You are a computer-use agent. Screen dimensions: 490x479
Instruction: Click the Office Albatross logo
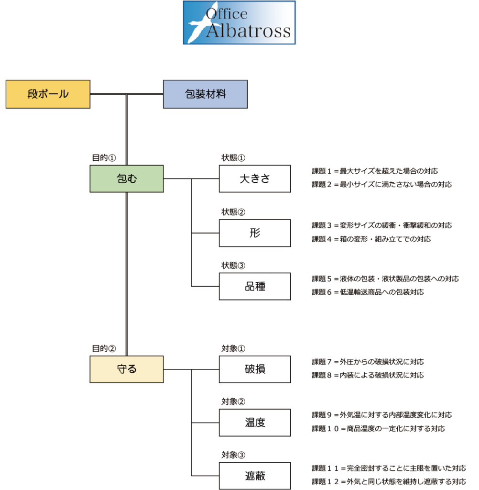(x=239, y=22)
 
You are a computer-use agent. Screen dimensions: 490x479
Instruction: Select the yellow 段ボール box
(x=48, y=94)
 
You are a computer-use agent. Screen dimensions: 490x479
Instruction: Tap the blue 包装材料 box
(x=205, y=94)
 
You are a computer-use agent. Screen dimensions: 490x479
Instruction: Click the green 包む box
(x=127, y=179)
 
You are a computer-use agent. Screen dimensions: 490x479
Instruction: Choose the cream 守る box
(x=127, y=369)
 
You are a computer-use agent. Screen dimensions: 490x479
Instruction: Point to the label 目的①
(x=104, y=157)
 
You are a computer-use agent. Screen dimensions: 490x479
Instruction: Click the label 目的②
(x=104, y=348)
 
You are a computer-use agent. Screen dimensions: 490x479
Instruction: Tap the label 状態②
(x=233, y=212)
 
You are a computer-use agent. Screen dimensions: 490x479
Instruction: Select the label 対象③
(x=233, y=455)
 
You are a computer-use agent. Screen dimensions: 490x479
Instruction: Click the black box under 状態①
(x=255, y=179)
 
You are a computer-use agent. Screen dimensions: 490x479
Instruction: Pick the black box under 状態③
(x=255, y=286)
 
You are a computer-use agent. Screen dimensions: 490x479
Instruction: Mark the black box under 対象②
(x=255, y=423)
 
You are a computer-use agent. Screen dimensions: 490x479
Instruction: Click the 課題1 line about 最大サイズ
(x=374, y=171)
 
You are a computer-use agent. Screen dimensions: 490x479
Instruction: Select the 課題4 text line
(x=371, y=239)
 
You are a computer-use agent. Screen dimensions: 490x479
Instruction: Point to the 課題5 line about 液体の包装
(x=385, y=278)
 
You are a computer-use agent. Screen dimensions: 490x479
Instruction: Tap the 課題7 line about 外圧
(x=368, y=362)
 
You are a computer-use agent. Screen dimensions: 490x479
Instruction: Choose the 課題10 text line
(x=378, y=428)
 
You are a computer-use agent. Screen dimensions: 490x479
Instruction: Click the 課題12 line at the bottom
(x=389, y=481)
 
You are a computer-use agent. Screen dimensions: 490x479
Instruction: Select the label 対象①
(x=233, y=348)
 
